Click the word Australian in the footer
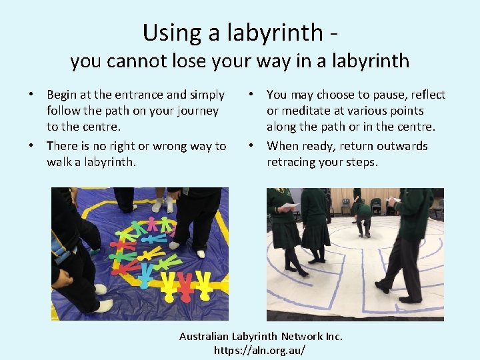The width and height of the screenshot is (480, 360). click(x=205, y=336)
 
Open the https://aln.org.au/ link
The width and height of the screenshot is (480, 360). click(x=261, y=350)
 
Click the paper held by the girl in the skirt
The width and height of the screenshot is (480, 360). click(x=288, y=206)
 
